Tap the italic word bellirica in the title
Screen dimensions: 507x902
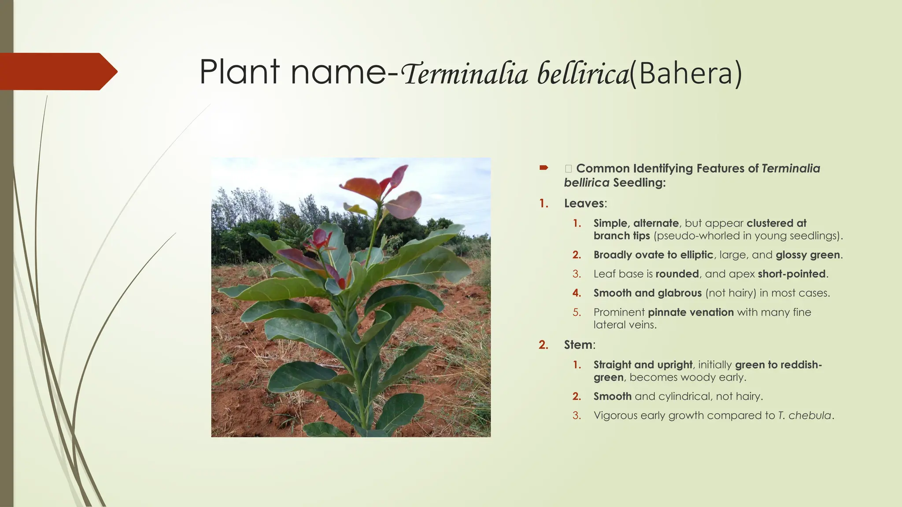point(583,73)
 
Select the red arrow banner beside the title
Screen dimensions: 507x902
point(57,71)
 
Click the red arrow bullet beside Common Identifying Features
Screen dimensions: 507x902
point(543,168)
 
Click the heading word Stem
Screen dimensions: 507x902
point(578,345)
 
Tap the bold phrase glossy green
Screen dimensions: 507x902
point(808,255)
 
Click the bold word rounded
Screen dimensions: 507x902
point(677,274)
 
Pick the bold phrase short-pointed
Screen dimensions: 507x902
point(791,274)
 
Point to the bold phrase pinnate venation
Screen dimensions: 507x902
point(691,312)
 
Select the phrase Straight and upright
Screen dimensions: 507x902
point(643,365)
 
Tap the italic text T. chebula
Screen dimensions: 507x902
point(804,415)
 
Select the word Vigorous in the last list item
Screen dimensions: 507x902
point(615,415)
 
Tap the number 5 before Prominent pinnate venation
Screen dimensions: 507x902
point(577,312)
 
